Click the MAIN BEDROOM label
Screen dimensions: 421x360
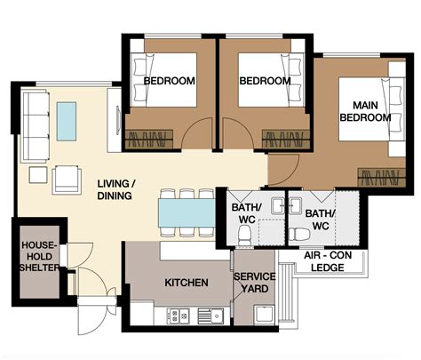(x=365, y=111)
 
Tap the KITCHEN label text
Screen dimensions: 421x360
(x=187, y=283)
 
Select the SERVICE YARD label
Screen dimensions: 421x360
(x=255, y=283)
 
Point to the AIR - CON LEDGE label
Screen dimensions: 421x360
(x=328, y=261)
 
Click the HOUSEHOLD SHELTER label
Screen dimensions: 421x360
(x=39, y=257)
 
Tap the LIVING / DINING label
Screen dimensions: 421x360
(x=116, y=189)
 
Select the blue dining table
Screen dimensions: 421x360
(x=187, y=212)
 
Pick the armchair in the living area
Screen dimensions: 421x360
(x=67, y=180)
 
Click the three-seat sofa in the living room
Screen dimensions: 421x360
(x=36, y=127)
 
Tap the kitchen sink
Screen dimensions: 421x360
(x=210, y=316)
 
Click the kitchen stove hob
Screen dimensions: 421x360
(x=179, y=316)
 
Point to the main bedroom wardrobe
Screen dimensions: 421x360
(x=382, y=178)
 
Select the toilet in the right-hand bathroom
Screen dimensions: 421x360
(x=299, y=234)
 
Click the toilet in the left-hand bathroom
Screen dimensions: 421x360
(x=244, y=235)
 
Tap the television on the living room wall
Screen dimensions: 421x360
(x=118, y=120)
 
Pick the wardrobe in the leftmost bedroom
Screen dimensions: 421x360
(x=149, y=139)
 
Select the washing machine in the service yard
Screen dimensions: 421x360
(x=265, y=315)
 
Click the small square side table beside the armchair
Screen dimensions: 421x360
(x=38, y=175)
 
